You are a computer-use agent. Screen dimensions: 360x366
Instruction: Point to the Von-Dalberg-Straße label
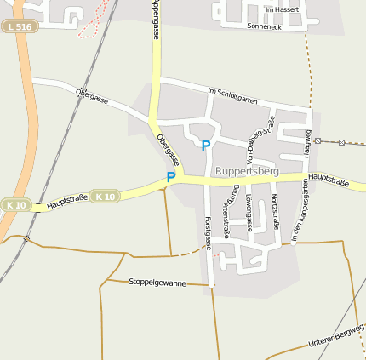click(x=258, y=139)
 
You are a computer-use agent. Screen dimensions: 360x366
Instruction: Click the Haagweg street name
click(x=308, y=143)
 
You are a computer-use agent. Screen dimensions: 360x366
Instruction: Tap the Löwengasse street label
click(x=249, y=212)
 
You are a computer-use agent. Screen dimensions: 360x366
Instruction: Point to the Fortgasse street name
click(x=207, y=232)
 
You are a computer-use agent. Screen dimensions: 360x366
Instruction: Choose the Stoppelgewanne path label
click(x=157, y=282)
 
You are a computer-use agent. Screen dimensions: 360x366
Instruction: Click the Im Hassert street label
click(x=281, y=9)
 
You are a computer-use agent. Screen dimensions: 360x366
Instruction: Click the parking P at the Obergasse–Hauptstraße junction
click(x=171, y=177)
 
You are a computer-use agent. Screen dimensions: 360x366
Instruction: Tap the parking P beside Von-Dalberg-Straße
click(x=205, y=146)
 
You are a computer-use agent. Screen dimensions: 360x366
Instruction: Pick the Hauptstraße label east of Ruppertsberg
click(x=330, y=179)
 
